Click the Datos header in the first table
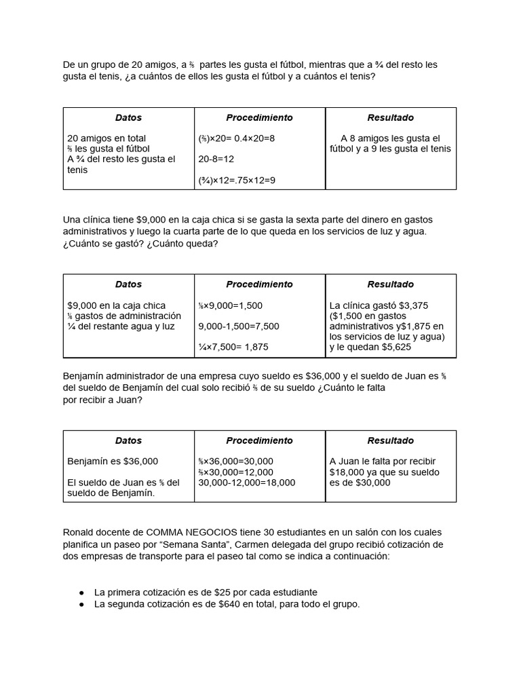(x=128, y=117)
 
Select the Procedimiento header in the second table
(x=259, y=284)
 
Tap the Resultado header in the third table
(x=390, y=440)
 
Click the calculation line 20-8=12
(x=216, y=159)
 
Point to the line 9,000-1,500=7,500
(x=239, y=326)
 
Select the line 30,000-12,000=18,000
(x=247, y=483)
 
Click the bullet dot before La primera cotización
(x=81, y=593)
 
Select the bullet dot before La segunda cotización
(x=81, y=603)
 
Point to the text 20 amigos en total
(x=107, y=138)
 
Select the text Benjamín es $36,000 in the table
(x=113, y=462)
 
